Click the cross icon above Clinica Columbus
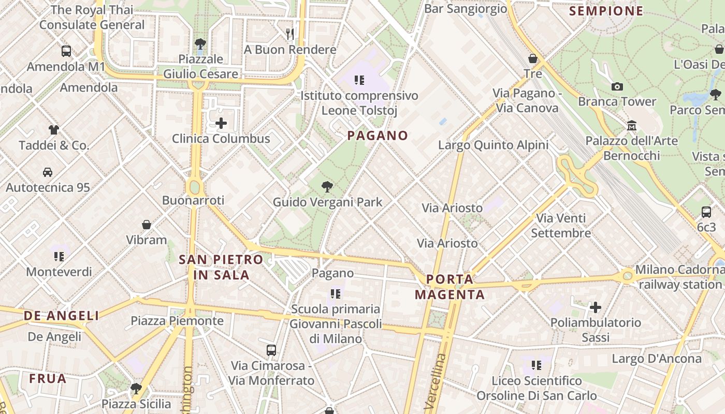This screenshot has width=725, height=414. (x=221, y=123)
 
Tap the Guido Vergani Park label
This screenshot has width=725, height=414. (x=327, y=202)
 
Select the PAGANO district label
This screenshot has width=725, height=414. (x=378, y=136)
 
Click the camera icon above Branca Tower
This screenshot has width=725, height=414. (x=617, y=86)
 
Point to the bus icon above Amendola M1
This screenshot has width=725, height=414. (x=66, y=51)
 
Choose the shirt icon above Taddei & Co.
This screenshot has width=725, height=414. (x=54, y=130)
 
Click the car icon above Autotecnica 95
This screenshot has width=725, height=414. (x=48, y=172)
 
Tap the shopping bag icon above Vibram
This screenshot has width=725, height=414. (x=147, y=225)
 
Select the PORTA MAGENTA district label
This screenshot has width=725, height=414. (x=450, y=287)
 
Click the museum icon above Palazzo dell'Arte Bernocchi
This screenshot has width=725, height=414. (x=631, y=125)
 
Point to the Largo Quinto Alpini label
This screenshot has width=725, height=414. (x=493, y=145)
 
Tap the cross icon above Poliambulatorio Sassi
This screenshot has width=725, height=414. (x=596, y=307)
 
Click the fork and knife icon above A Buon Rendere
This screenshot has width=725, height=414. (x=290, y=34)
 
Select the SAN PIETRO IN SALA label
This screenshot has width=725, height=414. (x=221, y=267)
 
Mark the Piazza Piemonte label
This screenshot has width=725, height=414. (x=177, y=321)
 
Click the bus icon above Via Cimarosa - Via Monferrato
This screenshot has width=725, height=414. (x=271, y=350)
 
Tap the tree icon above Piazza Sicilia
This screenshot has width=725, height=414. (x=136, y=388)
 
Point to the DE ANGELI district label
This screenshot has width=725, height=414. (x=61, y=316)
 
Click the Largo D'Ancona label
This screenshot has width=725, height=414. (x=657, y=359)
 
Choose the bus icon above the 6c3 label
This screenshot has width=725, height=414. (x=706, y=212)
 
